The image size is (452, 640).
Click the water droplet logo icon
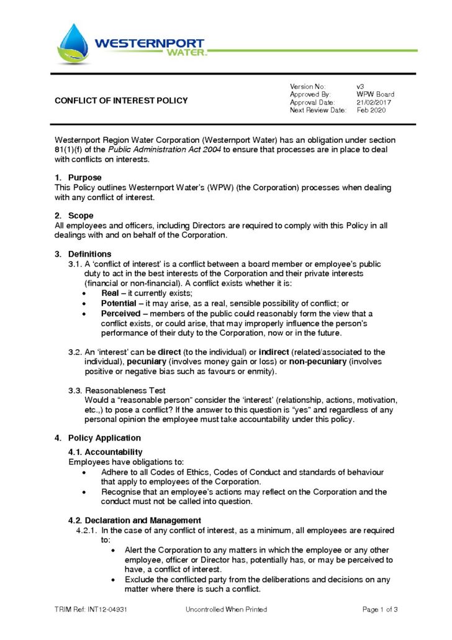coord(73,43)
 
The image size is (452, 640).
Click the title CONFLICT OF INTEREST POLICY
coord(121,101)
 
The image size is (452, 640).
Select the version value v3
coord(360,86)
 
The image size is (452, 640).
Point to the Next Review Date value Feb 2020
coord(371,111)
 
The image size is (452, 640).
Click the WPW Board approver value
coord(375,94)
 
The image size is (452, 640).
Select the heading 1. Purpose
coord(78,178)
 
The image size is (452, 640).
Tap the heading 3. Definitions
coord(83,254)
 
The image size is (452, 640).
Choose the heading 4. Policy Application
coord(98,438)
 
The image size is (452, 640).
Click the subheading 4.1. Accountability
coord(105,452)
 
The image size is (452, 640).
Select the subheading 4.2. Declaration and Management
coord(134,520)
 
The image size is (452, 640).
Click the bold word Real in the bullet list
coord(110,293)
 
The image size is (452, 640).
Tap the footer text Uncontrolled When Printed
coord(226,610)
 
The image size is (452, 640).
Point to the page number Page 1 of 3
coord(379,610)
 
